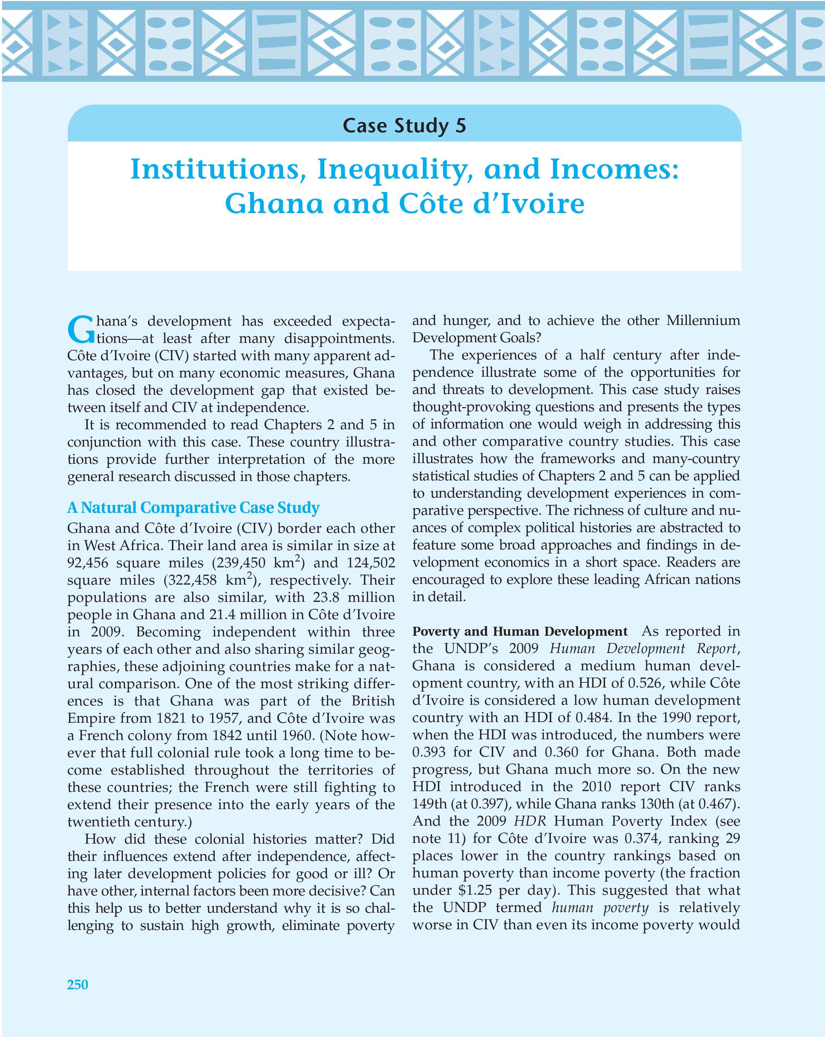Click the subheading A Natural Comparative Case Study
(x=193, y=508)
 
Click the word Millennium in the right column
(x=703, y=321)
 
